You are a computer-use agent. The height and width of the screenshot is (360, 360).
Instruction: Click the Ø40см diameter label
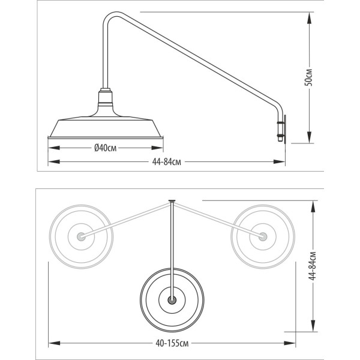coord(106,148)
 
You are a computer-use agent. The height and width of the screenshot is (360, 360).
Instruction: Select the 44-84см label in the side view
coord(166,162)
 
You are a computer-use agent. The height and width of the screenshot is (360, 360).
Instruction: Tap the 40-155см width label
coord(172,343)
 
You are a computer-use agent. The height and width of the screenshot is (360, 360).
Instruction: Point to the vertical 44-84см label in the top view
coord(313,266)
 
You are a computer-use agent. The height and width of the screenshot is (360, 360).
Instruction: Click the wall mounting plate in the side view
coord(285,130)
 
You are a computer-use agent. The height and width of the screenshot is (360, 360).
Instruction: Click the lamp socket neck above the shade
coord(106,98)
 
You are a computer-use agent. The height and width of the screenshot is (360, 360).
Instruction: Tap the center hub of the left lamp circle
coord(81,236)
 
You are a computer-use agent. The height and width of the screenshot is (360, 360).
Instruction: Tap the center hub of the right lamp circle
coord(263,236)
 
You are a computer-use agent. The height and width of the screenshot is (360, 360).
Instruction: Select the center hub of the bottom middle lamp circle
coord(172,300)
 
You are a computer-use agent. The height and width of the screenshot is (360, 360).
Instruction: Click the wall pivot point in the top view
coord(172,201)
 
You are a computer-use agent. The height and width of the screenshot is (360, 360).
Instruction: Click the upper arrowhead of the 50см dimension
coord(309,18)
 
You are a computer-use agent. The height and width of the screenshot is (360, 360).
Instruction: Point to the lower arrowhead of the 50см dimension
coord(309,137)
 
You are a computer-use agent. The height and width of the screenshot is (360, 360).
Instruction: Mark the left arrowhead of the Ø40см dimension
coord(54,148)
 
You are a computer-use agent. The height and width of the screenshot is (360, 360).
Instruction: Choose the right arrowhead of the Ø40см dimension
coord(157,148)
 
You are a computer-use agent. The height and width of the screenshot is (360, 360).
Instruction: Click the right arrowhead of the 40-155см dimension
coord(290,343)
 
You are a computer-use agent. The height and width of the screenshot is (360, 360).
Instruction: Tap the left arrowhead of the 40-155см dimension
coord(55,343)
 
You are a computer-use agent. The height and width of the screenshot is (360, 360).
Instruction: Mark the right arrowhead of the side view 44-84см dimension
coord(279,161)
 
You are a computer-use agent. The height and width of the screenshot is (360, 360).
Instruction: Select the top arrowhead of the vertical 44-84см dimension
coord(313,207)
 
